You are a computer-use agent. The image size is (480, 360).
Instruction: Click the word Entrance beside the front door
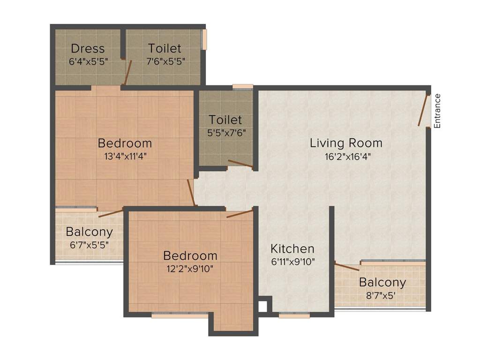(437, 111)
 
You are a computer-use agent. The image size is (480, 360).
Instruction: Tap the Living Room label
(346, 143)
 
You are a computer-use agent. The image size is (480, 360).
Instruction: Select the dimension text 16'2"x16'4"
(348, 157)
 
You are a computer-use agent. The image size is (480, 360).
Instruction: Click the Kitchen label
(292, 248)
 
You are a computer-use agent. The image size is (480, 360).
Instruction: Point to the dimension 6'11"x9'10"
(293, 262)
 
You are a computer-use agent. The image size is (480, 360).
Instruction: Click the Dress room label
(88, 48)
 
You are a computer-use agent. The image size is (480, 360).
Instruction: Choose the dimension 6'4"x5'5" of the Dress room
(88, 61)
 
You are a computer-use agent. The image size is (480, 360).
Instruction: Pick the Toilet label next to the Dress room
(165, 48)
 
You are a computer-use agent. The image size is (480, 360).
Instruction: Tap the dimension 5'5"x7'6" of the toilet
(226, 133)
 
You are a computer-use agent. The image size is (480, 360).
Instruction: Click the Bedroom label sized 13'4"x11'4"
(125, 143)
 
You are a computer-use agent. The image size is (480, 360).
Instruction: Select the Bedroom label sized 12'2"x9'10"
(190, 255)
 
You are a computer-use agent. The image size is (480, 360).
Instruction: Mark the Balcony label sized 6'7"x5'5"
(89, 232)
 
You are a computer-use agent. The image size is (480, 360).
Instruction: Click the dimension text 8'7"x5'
(381, 295)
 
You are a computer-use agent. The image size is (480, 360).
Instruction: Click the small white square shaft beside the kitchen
(262, 307)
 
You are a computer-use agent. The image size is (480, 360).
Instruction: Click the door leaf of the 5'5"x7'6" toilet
(240, 164)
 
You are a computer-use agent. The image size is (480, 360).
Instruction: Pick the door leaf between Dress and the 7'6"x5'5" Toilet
(127, 72)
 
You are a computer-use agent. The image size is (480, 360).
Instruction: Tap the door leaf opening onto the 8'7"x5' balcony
(347, 267)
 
